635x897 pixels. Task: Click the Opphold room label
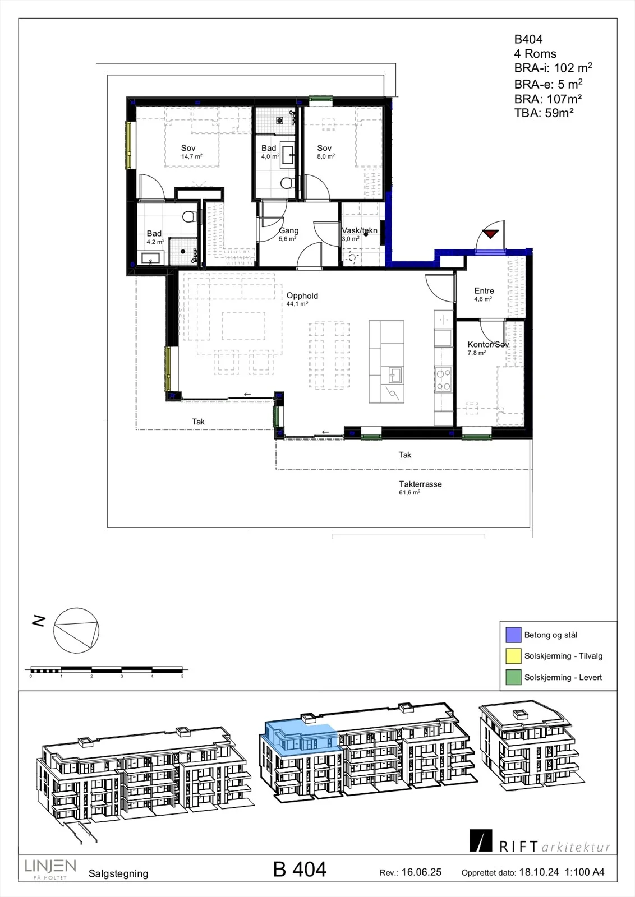[x=302, y=296]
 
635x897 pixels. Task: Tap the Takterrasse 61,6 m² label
[x=420, y=488]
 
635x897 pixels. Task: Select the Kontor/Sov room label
[x=488, y=344]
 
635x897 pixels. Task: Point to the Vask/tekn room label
[x=360, y=230]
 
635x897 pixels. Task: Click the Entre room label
[x=484, y=291]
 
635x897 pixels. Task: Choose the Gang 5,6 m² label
[x=288, y=234]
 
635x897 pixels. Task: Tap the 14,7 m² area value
[x=191, y=156]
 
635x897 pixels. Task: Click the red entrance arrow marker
[x=490, y=234]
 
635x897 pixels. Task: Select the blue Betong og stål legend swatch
[x=513, y=635]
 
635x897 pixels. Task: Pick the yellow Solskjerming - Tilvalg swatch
[x=513, y=656]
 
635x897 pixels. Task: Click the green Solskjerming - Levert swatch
[x=513, y=677]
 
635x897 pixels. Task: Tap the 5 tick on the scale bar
[x=182, y=676]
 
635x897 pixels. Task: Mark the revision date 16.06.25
[x=421, y=872]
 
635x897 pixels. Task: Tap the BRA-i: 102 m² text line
[x=553, y=68]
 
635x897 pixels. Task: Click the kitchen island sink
[x=395, y=375]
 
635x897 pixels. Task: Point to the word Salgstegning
[x=118, y=874]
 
